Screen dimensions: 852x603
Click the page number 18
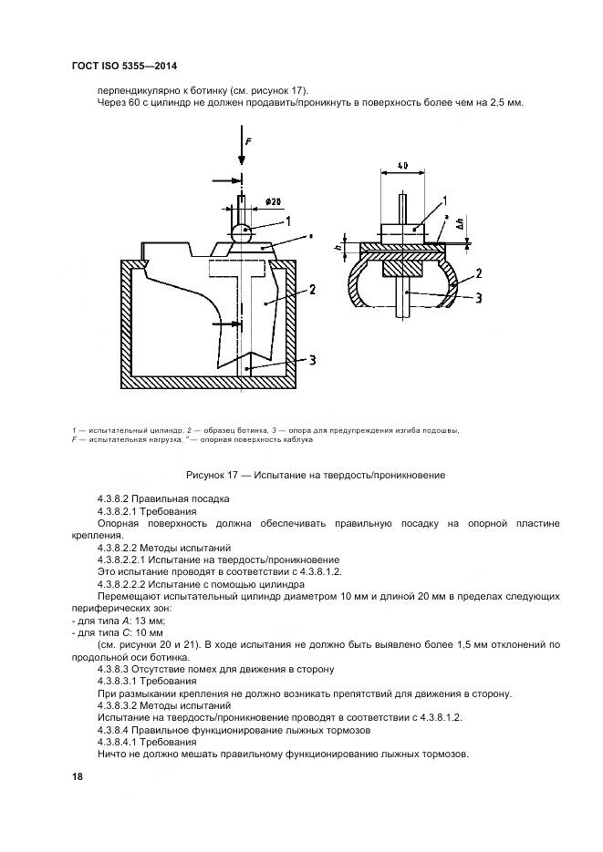[78, 775]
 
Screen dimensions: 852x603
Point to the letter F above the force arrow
[246, 141]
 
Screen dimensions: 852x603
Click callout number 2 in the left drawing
[311, 291]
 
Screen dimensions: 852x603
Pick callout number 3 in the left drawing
[311, 360]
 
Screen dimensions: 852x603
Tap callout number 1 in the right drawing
[444, 199]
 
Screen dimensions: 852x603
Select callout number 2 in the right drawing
[477, 273]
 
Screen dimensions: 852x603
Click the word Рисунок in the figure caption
[208, 475]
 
